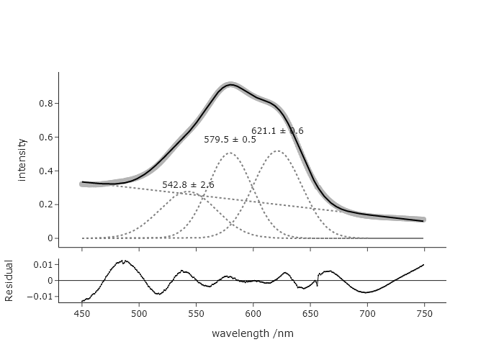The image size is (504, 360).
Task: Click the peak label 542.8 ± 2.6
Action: pyautogui.click(x=188, y=185)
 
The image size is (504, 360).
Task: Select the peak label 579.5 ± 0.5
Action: pyautogui.click(x=230, y=140)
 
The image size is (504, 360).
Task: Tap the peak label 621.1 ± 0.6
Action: pyautogui.click(x=277, y=131)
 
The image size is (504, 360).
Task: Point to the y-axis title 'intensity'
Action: pyautogui.click(x=22, y=159)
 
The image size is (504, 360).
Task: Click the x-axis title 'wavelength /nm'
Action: pyautogui.click(x=252, y=334)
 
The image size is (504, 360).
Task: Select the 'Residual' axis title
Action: pyautogui.click(x=9, y=281)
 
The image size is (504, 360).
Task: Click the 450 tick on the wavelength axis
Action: pyautogui.click(x=82, y=314)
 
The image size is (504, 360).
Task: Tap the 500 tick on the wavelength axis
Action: pyautogui.click(x=139, y=314)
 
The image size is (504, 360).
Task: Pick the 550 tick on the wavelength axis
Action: pyautogui.click(x=196, y=314)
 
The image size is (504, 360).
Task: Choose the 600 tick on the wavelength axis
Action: pyautogui.click(x=253, y=314)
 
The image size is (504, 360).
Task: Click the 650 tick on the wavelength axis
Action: pyautogui.click(x=310, y=314)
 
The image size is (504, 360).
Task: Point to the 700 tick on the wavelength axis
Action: pyautogui.click(x=367, y=314)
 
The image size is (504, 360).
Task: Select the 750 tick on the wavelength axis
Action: pyautogui.click(x=424, y=314)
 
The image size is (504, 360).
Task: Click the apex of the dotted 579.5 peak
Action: pyautogui.click(x=230, y=153)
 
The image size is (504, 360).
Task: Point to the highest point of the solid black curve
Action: pyautogui.click(x=230, y=85)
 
